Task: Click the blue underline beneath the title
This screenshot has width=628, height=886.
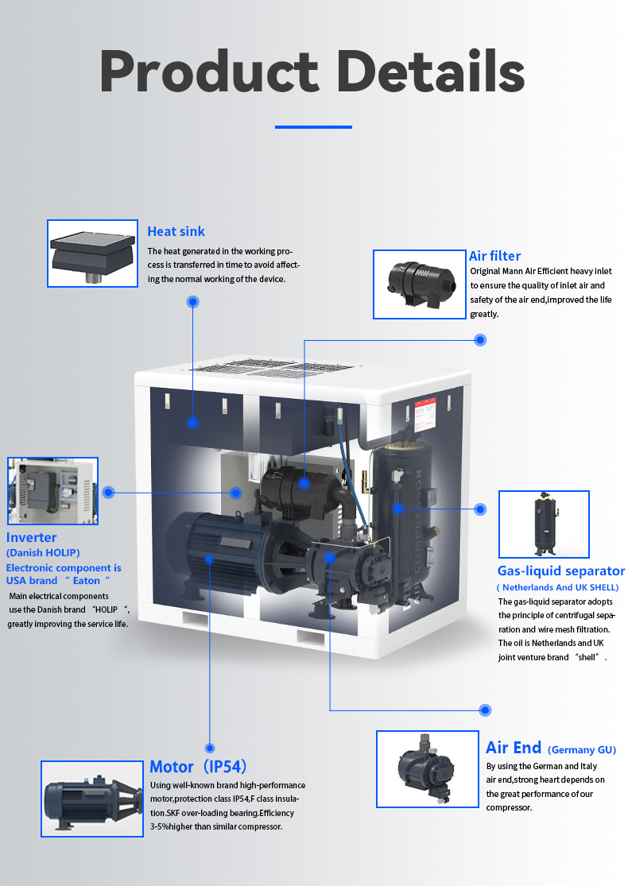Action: (x=313, y=126)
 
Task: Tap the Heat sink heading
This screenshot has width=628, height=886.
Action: (x=176, y=231)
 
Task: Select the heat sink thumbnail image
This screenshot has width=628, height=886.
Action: (x=93, y=253)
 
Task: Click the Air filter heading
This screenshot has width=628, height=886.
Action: (x=494, y=256)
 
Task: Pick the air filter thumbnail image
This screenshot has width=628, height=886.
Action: (x=419, y=284)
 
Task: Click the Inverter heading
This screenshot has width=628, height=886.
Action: (x=32, y=538)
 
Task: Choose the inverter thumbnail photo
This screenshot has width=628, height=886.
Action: (x=52, y=491)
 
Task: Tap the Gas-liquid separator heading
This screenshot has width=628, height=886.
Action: (x=561, y=571)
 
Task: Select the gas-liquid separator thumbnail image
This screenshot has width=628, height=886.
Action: (x=544, y=524)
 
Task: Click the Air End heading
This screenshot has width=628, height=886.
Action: (x=514, y=748)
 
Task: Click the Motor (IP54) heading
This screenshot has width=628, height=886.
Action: (x=198, y=767)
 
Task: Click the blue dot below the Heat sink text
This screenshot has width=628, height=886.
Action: (x=192, y=302)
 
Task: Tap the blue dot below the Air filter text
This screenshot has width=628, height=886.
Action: (x=480, y=340)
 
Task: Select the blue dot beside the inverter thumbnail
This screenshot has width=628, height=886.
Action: (x=109, y=493)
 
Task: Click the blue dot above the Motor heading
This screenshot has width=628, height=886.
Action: (x=210, y=748)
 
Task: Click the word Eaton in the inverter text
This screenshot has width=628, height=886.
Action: (x=87, y=581)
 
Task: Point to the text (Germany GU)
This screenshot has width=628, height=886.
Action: (x=582, y=750)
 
